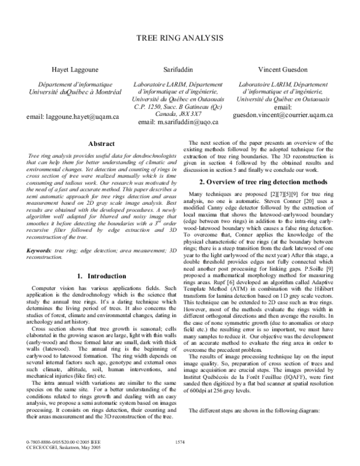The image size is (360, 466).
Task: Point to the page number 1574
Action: tap(180, 443)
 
